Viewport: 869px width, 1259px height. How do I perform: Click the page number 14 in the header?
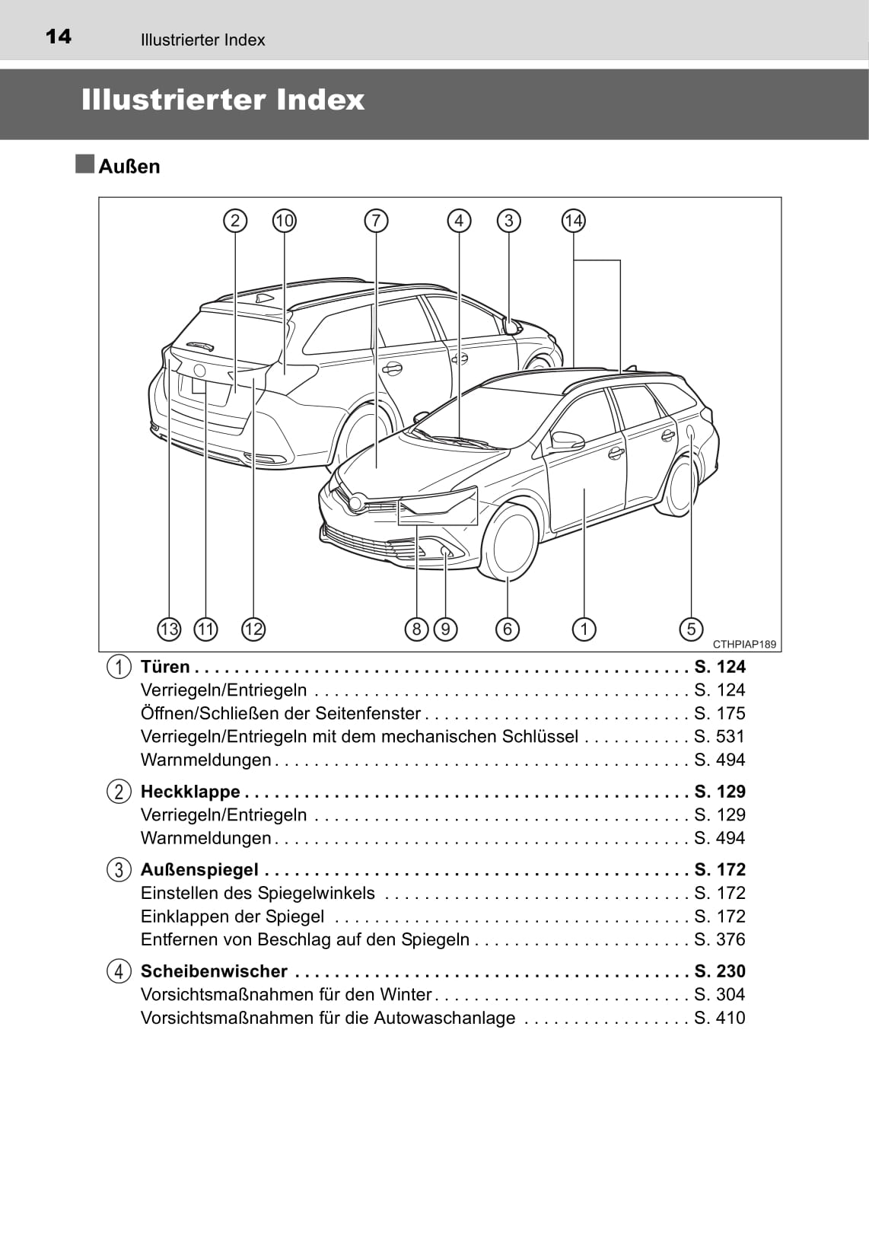pos(59,37)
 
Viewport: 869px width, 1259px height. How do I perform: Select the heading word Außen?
pos(129,167)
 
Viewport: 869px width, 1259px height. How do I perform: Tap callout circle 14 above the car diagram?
pos(573,221)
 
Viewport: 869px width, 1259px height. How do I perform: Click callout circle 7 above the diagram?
pos(376,221)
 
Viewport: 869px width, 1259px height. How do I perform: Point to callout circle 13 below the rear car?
pos(169,629)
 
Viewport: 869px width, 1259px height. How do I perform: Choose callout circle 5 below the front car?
pos(691,629)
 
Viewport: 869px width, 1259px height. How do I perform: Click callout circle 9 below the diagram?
pos(445,629)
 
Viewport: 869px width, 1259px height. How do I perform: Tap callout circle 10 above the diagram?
pos(284,221)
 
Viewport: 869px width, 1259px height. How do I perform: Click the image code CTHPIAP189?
pos(744,645)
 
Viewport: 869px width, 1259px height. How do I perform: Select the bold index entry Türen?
pos(165,667)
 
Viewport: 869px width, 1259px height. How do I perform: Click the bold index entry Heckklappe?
pos(190,792)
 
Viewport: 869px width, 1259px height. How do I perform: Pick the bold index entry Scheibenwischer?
pos(214,971)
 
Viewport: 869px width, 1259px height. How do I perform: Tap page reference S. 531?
pos(719,737)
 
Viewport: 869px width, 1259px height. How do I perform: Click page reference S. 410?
pos(719,1018)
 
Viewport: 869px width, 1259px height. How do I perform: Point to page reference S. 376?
pos(719,939)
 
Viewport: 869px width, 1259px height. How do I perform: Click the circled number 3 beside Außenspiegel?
pos(119,869)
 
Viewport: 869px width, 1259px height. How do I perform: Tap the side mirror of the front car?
pos(567,441)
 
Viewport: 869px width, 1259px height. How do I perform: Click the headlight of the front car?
pos(438,505)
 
